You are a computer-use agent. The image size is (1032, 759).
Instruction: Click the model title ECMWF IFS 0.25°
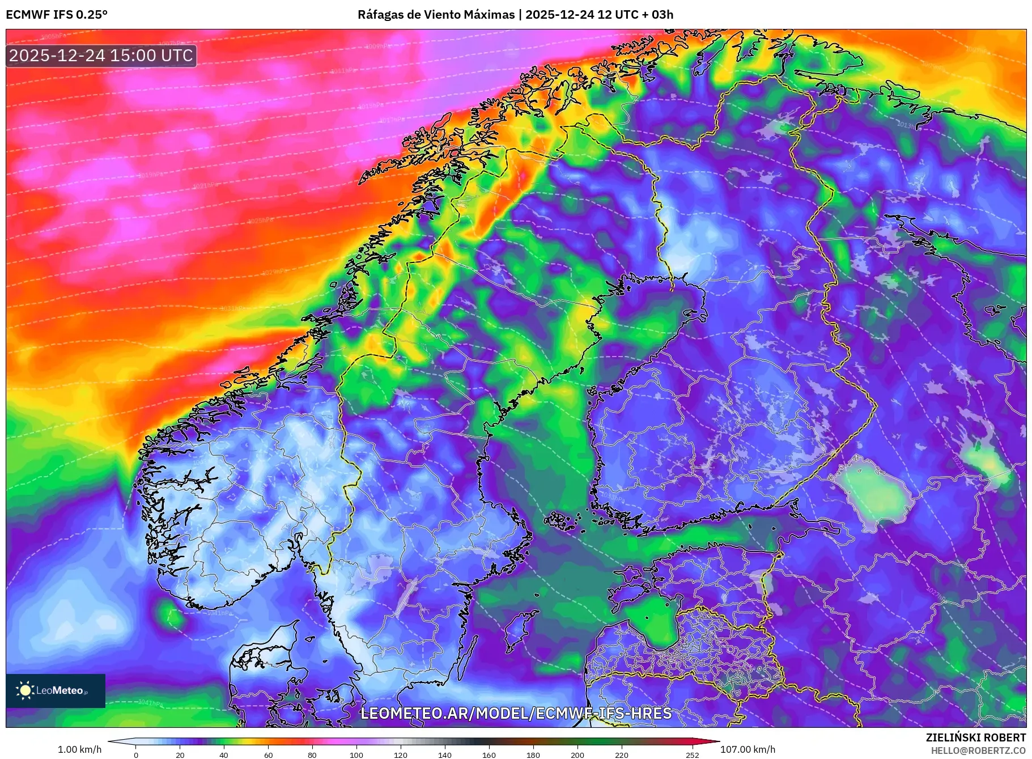click(57, 15)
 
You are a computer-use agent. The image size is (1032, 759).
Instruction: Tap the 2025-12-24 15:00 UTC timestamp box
click(101, 56)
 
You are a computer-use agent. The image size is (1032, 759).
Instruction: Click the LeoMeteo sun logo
click(25, 690)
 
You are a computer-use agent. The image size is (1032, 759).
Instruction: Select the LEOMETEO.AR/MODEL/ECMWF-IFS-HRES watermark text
click(516, 713)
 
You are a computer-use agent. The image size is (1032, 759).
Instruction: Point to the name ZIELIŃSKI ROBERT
click(975, 737)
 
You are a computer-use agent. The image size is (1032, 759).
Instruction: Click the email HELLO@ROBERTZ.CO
click(978, 750)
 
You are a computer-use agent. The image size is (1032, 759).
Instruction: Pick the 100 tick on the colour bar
click(356, 755)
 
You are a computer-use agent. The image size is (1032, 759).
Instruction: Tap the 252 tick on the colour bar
click(693, 755)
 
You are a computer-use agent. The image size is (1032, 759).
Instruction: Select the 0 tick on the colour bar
click(136, 755)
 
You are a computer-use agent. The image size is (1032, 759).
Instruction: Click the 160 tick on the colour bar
click(489, 755)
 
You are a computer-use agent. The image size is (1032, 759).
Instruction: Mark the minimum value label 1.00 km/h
click(80, 749)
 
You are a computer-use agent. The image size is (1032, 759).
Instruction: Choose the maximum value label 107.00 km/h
click(748, 749)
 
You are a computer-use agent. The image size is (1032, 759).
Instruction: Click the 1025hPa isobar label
click(260, 221)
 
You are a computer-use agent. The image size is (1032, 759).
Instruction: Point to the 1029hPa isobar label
click(275, 273)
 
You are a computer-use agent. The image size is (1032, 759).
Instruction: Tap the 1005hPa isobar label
click(54, 37)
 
